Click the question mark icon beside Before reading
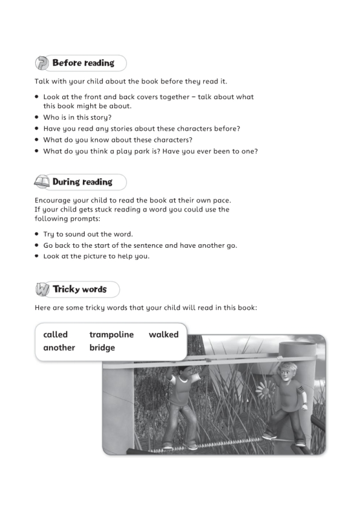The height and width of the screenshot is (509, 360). [42, 63]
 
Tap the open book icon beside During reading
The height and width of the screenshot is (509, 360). [42, 182]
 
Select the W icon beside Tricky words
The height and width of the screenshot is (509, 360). [42, 289]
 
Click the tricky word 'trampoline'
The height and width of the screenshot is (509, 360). [111, 335]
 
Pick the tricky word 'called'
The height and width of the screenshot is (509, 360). [56, 334]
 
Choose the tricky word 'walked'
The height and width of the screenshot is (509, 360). [163, 334]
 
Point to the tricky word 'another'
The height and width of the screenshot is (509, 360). [59, 348]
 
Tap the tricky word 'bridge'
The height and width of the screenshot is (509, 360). [102, 348]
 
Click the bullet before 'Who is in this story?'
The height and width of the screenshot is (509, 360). [37, 118]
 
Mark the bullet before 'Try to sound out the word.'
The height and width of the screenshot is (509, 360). [37, 235]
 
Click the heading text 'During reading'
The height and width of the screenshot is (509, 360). [82, 182]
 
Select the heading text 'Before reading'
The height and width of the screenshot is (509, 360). [83, 63]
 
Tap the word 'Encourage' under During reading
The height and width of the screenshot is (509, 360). [55, 200]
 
